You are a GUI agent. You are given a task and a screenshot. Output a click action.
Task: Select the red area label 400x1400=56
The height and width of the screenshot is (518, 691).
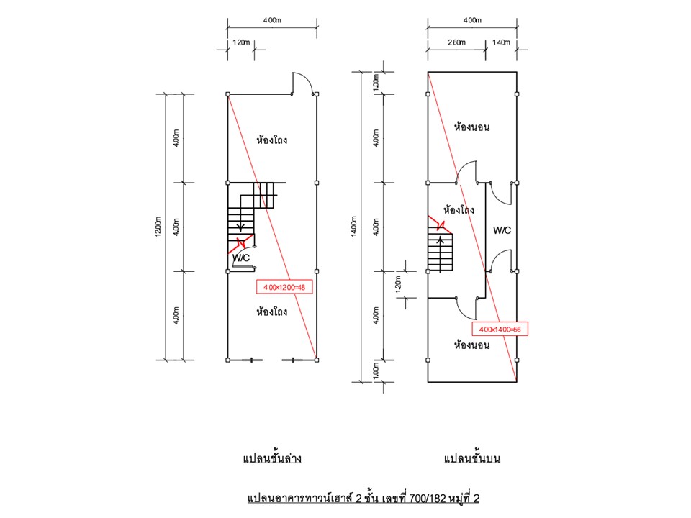[x=500, y=329]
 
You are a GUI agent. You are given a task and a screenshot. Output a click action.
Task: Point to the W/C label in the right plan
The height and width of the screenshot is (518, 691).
[x=502, y=230]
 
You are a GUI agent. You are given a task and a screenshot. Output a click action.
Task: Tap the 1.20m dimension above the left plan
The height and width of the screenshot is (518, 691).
[x=242, y=42]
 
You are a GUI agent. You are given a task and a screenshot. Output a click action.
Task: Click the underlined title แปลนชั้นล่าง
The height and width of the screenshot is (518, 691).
[x=271, y=458]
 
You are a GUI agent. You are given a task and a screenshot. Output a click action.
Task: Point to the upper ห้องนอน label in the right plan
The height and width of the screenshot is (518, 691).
[x=472, y=127]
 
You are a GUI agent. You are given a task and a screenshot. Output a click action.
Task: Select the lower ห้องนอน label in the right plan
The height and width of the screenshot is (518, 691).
[x=472, y=345]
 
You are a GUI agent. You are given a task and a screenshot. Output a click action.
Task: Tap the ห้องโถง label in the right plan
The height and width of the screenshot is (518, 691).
[x=459, y=210]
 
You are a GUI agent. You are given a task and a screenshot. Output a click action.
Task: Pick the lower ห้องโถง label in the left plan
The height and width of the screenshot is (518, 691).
[x=272, y=312]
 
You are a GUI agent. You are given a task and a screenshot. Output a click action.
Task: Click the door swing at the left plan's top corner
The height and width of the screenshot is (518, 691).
[x=302, y=82]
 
